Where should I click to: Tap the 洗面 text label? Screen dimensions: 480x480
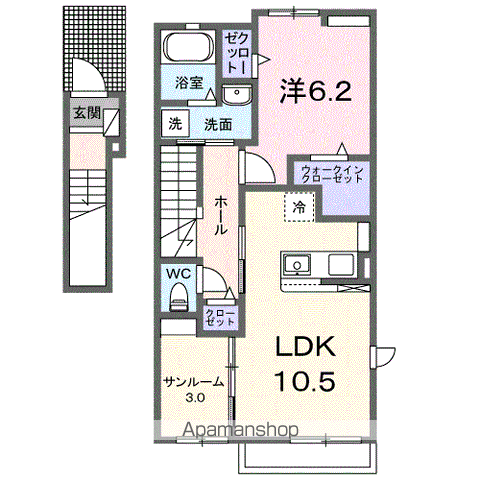tap(218, 125)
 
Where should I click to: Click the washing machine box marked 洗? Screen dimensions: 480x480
tap(175, 125)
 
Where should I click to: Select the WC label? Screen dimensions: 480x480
tap(178, 271)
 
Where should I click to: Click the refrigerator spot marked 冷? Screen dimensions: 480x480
tap(299, 206)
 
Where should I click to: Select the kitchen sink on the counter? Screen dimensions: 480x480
tap(297, 265)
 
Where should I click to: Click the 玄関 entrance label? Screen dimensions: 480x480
tap(86, 112)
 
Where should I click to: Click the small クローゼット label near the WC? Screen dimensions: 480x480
tap(220, 317)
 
